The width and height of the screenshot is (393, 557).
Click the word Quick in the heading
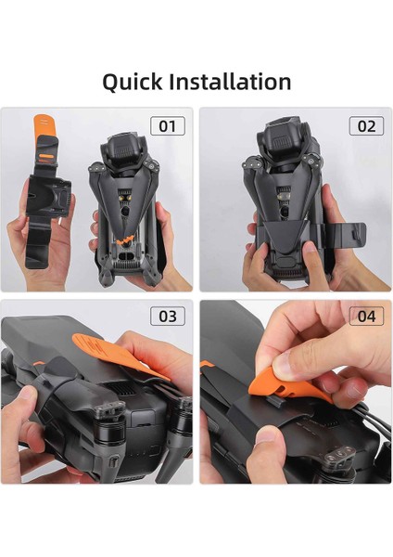[x=132, y=83]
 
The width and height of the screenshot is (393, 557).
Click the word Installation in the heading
[x=230, y=82]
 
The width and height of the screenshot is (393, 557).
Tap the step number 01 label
[x=168, y=125]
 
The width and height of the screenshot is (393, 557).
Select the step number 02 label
[x=366, y=125]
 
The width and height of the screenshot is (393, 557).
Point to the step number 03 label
[x=168, y=316]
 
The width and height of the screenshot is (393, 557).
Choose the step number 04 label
[x=366, y=316]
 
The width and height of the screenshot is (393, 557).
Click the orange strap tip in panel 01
[x=43, y=124]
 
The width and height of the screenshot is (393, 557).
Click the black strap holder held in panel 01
[x=47, y=196]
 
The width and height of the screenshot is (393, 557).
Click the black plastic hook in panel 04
[x=276, y=402]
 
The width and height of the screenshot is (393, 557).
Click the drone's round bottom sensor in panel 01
[x=125, y=212]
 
